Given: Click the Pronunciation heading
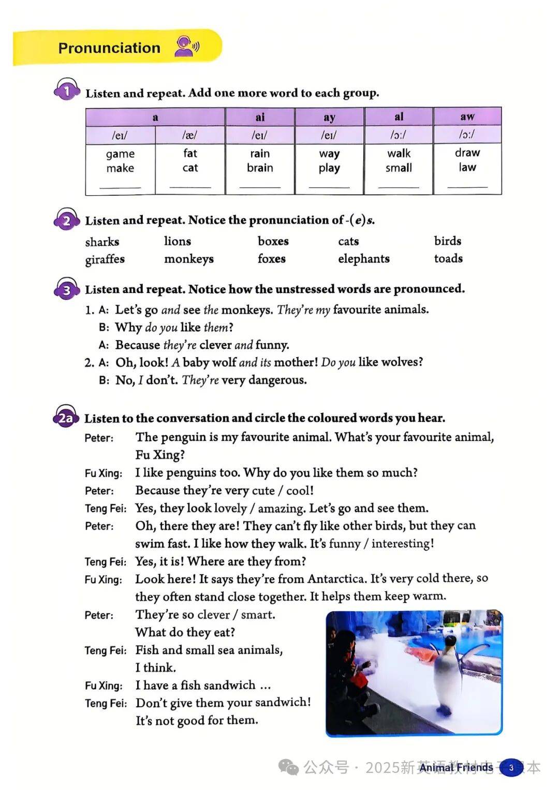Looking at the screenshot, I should point(109,48).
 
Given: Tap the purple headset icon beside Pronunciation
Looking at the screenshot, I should point(186,47).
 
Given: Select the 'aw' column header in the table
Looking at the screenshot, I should point(467,117).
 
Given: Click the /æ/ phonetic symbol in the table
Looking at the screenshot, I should point(190,135).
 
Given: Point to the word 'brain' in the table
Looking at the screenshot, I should point(260,168).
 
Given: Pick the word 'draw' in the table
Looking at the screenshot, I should point(467,153).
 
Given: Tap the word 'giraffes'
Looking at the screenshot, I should point(105,259).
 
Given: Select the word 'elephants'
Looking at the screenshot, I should point(363,258).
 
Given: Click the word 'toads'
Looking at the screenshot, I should point(448,258).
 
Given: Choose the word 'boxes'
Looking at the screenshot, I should point(273,241).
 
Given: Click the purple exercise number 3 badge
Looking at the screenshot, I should point(67,290).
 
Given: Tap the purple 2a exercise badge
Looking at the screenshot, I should point(66,418).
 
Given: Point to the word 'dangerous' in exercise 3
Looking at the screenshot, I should point(277,380).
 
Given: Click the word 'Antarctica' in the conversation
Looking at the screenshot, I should point(336,579).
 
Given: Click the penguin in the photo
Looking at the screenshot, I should point(446,673).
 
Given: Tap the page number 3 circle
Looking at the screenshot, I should point(511,767).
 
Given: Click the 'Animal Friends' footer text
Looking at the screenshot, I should point(456,767).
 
